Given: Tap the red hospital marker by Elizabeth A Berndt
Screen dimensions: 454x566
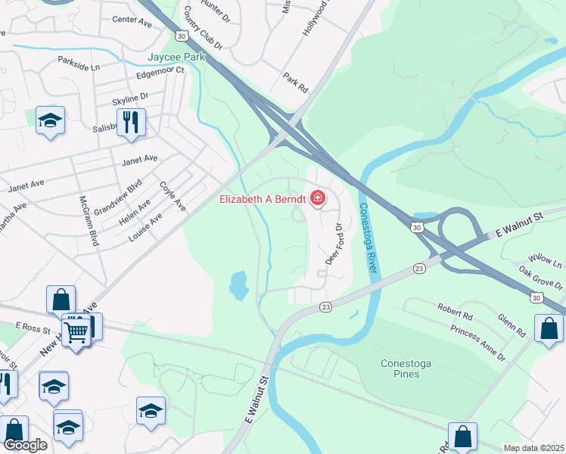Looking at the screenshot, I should pyautogui.click(x=318, y=199).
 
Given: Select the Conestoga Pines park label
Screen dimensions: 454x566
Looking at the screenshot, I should pyautogui.click(x=406, y=369).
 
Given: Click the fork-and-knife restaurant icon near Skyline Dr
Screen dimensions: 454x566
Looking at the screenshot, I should pyautogui.click(x=131, y=122).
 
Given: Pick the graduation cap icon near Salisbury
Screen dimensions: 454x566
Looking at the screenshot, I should pyautogui.click(x=51, y=120).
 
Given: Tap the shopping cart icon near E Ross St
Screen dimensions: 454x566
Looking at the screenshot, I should pyautogui.click(x=76, y=329).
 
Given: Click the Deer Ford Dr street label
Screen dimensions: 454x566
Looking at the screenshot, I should pyautogui.click(x=333, y=244).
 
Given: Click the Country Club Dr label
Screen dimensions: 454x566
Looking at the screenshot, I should pyautogui.click(x=202, y=30).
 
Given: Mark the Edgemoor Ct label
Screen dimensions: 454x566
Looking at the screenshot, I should pyautogui.click(x=160, y=72).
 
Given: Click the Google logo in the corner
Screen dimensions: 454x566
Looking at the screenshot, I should pyautogui.click(x=25, y=445).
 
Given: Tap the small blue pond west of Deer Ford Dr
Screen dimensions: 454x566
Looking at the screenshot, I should pyautogui.click(x=238, y=285).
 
